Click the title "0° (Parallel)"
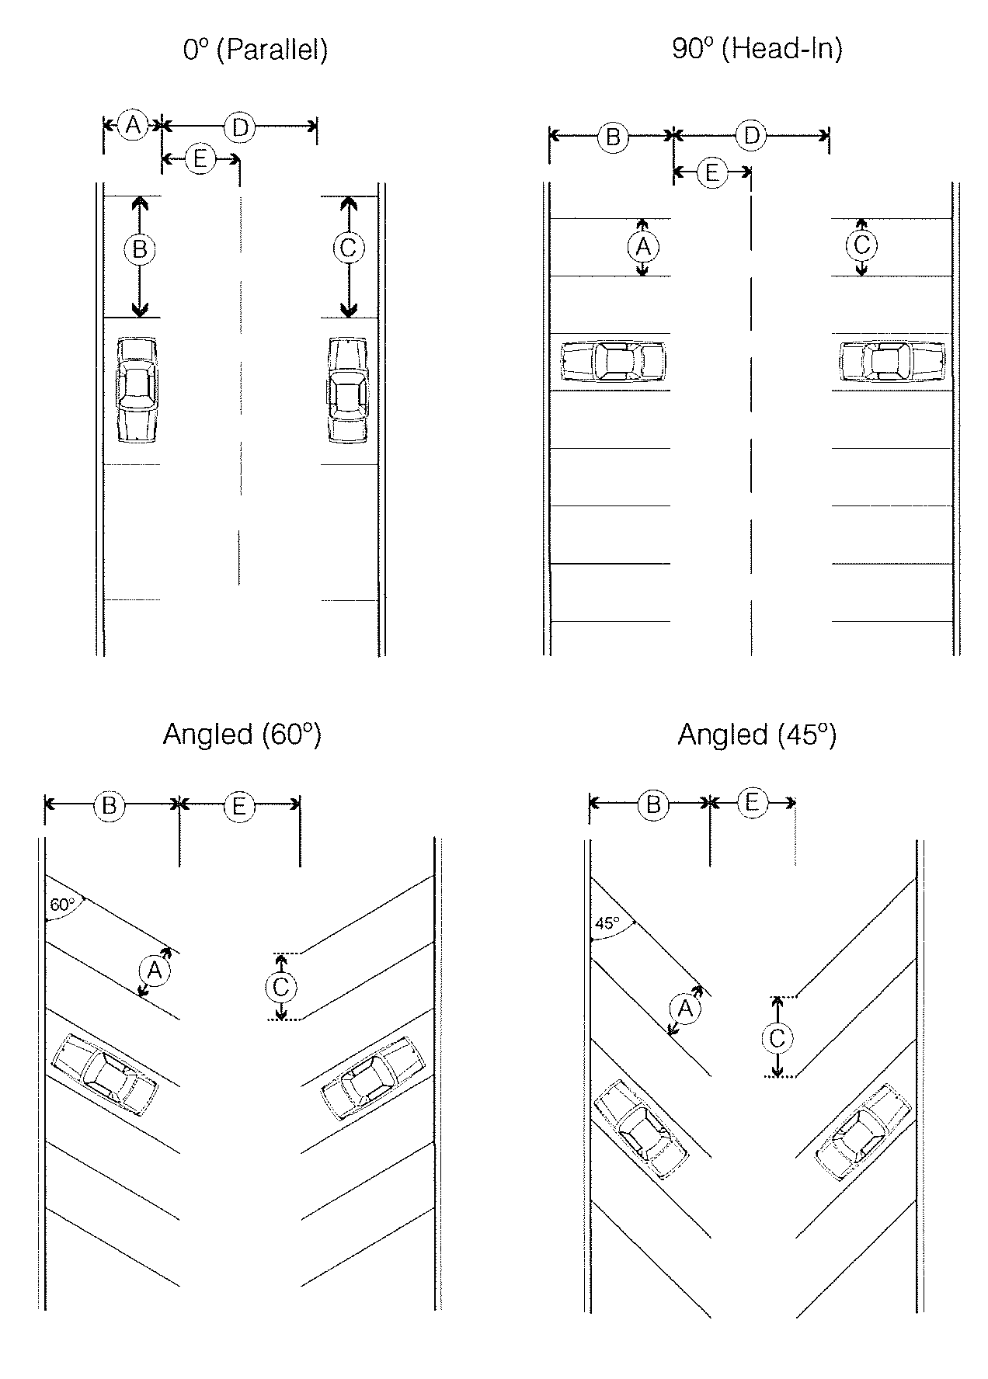[x=256, y=50]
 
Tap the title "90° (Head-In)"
[x=757, y=49]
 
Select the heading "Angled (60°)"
[x=242, y=734]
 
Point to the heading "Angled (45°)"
[x=757, y=734]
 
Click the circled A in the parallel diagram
[x=134, y=124]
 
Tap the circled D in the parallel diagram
[x=240, y=127]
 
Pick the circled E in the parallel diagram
[x=200, y=160]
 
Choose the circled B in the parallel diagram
[x=140, y=249]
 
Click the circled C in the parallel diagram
[x=348, y=248]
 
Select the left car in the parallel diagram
[x=137, y=390]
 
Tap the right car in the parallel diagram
[x=347, y=390]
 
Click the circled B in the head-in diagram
[x=613, y=137]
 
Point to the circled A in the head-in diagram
[x=642, y=247]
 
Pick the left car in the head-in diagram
[x=614, y=361]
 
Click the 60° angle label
[x=62, y=905]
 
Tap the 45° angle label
[x=607, y=923]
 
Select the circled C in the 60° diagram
[x=281, y=987]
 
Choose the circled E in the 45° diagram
[x=751, y=802]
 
